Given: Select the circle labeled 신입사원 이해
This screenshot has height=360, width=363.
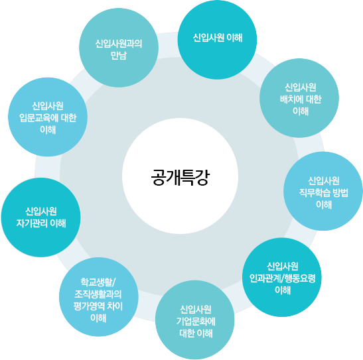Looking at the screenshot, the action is click(217, 40).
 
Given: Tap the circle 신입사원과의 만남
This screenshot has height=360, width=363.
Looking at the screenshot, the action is click(119, 48).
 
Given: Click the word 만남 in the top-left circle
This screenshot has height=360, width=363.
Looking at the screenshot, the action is click(119, 56).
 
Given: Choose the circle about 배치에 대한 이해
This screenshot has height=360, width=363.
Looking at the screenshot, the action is click(299, 98).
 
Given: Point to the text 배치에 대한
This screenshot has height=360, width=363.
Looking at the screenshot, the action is click(301, 99).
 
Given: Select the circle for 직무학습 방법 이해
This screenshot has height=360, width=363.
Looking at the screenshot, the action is click(323, 191).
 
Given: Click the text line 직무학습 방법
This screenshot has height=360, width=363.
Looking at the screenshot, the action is click(324, 193).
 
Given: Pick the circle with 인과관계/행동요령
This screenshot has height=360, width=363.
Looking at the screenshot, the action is click(282, 277).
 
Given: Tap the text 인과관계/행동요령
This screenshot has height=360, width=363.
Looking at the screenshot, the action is click(283, 278).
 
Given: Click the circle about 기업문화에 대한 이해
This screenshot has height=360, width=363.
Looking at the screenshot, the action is click(195, 320).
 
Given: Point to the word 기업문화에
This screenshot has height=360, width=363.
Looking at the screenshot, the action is click(196, 322).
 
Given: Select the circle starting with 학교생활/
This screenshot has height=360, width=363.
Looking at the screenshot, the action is click(99, 297).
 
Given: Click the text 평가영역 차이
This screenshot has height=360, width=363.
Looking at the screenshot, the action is click(98, 306).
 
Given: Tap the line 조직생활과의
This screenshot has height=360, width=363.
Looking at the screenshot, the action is click(98, 294).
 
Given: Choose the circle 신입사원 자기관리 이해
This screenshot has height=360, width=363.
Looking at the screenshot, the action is click(41, 217).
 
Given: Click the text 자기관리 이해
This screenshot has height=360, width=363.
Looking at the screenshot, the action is click(41, 223).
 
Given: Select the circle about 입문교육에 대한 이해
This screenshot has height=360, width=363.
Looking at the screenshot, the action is click(48, 117).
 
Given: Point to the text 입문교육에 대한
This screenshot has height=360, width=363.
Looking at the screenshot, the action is click(48, 118).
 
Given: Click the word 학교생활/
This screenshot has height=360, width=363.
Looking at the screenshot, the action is click(98, 282).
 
